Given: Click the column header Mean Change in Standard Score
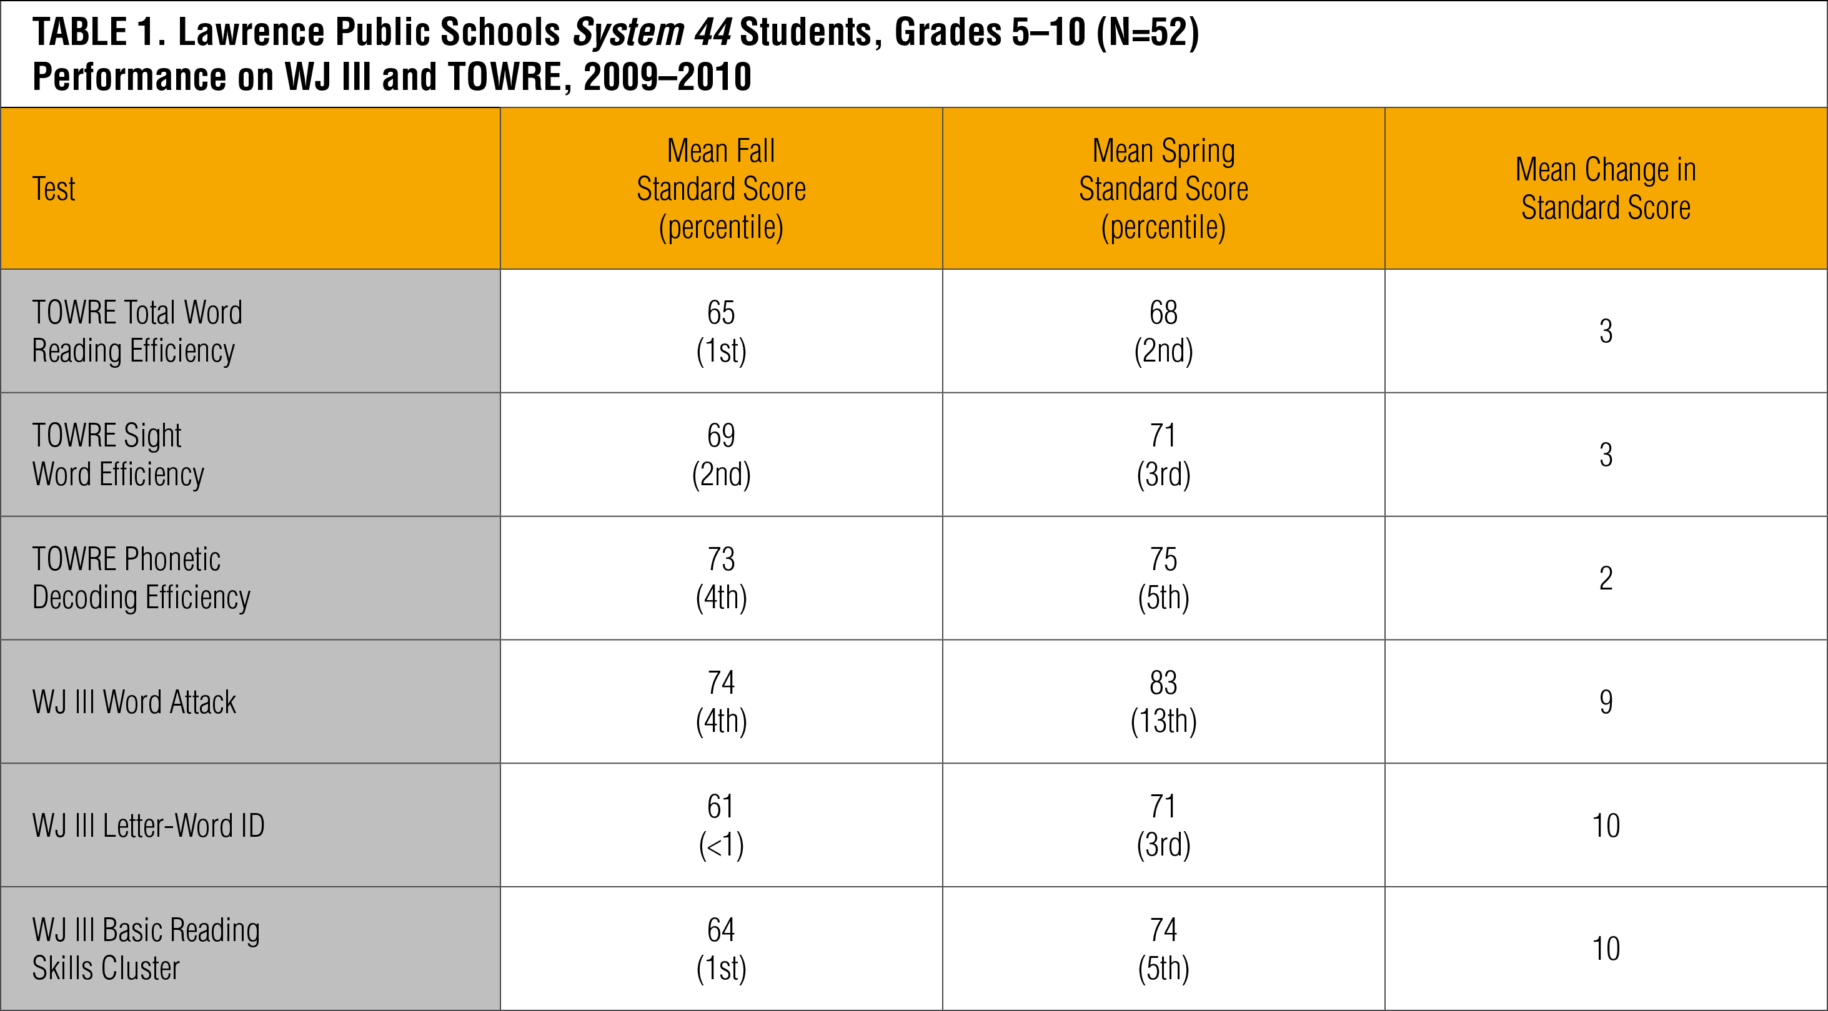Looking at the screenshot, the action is coord(1605,189).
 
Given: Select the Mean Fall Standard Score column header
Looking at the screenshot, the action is coord(721,189).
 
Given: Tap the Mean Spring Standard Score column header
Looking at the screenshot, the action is coord(1163,189).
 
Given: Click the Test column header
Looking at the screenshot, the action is coord(54,189).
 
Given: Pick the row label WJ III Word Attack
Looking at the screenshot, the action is coord(134,702).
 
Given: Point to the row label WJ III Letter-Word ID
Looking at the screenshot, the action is coord(148,825).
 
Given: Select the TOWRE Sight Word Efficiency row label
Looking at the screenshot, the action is coord(118,454).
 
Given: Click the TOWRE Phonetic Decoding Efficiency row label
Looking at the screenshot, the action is coord(141,578).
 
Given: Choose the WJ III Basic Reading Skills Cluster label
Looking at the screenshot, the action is coord(146,949).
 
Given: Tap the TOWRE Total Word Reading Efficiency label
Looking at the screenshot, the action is coord(137,330).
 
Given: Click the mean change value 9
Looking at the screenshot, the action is coord(1605,702).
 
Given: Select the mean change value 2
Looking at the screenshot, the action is coord(1605,578).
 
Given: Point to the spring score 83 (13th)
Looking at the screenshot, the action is coord(1163,702).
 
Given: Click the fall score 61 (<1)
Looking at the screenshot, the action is coord(721,825).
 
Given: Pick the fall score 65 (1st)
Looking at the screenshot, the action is coord(721,330).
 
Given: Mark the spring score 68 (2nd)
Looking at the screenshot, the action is coord(1163,330).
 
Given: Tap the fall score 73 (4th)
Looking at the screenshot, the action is coord(721,578).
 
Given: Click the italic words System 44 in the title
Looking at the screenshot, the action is coord(652,32).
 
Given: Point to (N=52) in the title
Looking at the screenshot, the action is coord(1148,32).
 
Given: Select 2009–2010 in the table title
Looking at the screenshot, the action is coord(667,77).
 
